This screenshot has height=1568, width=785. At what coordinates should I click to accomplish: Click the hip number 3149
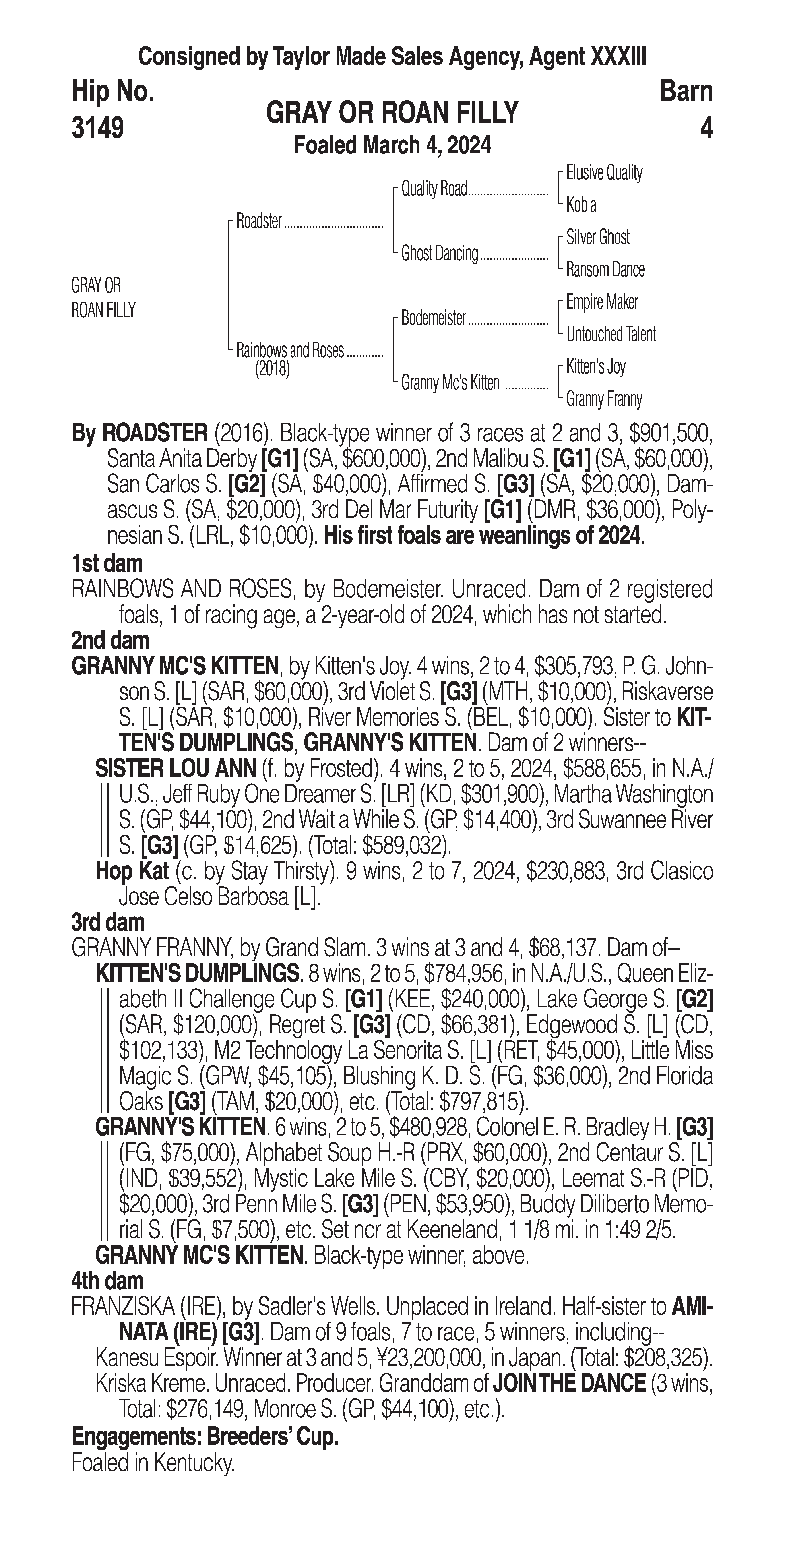[98, 128]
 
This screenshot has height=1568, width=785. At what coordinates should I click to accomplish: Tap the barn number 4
[706, 128]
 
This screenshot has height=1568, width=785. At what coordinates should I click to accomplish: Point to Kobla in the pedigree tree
[581, 205]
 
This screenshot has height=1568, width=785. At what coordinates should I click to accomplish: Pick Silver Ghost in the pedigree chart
[598, 237]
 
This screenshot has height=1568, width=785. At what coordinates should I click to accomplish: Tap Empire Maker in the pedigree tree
[602, 302]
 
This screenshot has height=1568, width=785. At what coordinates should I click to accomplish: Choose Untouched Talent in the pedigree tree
[611, 334]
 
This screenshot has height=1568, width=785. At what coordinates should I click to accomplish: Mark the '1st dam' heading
[107, 564]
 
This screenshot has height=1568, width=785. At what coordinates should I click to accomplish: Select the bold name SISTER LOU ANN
[175, 769]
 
